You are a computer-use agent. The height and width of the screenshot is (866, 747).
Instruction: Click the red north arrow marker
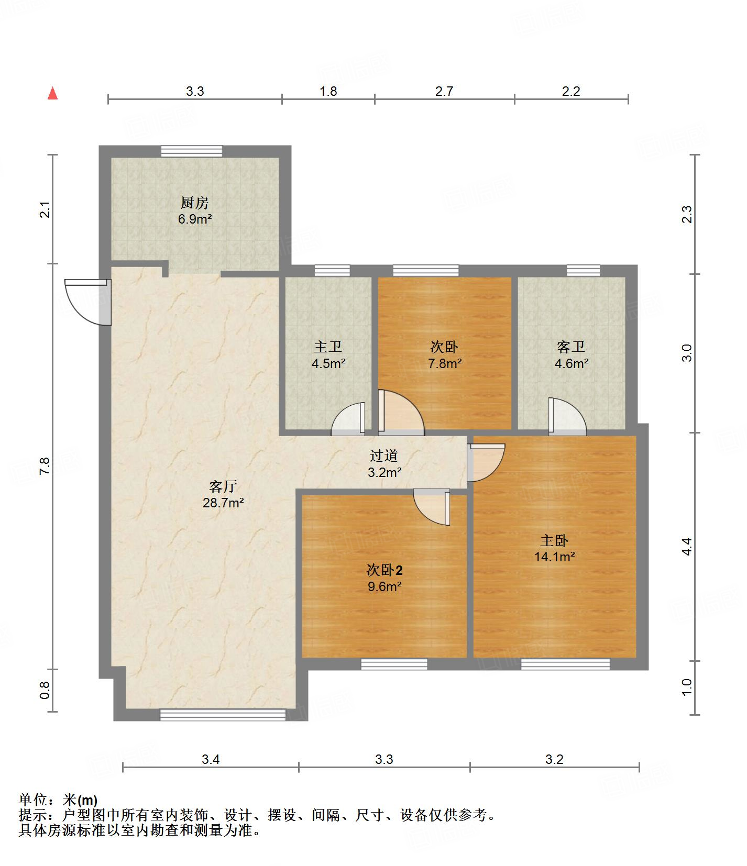click(x=52, y=93)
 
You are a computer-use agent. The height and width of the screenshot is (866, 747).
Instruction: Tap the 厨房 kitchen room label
click(x=195, y=203)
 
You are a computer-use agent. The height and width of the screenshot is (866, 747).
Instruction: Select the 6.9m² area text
click(x=195, y=219)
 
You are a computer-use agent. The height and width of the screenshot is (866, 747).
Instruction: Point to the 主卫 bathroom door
click(x=348, y=419)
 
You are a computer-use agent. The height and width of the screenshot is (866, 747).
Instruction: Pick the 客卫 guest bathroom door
click(x=567, y=416)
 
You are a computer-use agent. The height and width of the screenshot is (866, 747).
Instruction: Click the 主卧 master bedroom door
click(x=486, y=463)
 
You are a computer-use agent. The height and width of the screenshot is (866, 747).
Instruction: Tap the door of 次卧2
click(x=432, y=507)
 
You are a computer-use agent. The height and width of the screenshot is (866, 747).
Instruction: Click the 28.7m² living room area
click(x=223, y=503)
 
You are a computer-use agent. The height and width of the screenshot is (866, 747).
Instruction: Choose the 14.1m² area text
click(x=555, y=557)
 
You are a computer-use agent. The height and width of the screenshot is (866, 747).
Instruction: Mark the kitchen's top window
click(x=192, y=151)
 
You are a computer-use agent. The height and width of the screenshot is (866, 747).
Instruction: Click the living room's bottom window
click(x=223, y=715)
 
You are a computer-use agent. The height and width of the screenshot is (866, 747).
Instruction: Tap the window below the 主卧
click(x=566, y=664)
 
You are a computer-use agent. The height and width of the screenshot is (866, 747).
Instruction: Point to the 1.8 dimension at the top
click(x=328, y=92)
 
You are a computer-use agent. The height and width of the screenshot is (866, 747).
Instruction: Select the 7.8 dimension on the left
click(x=45, y=466)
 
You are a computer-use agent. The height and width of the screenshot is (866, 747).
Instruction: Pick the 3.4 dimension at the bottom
click(x=211, y=759)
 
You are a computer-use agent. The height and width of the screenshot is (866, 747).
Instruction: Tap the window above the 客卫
click(x=584, y=271)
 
